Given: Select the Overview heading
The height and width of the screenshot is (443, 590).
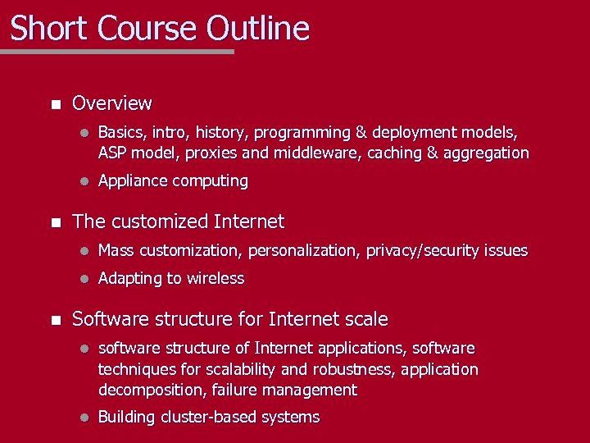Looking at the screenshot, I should [x=112, y=103].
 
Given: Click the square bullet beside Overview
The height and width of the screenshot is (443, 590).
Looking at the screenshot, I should [x=55, y=104].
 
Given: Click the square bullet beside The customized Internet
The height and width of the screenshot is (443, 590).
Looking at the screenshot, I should [x=55, y=222].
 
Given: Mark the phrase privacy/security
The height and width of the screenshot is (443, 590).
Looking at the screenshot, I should [x=425, y=250].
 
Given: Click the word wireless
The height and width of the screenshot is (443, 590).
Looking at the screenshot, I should [x=216, y=278].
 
